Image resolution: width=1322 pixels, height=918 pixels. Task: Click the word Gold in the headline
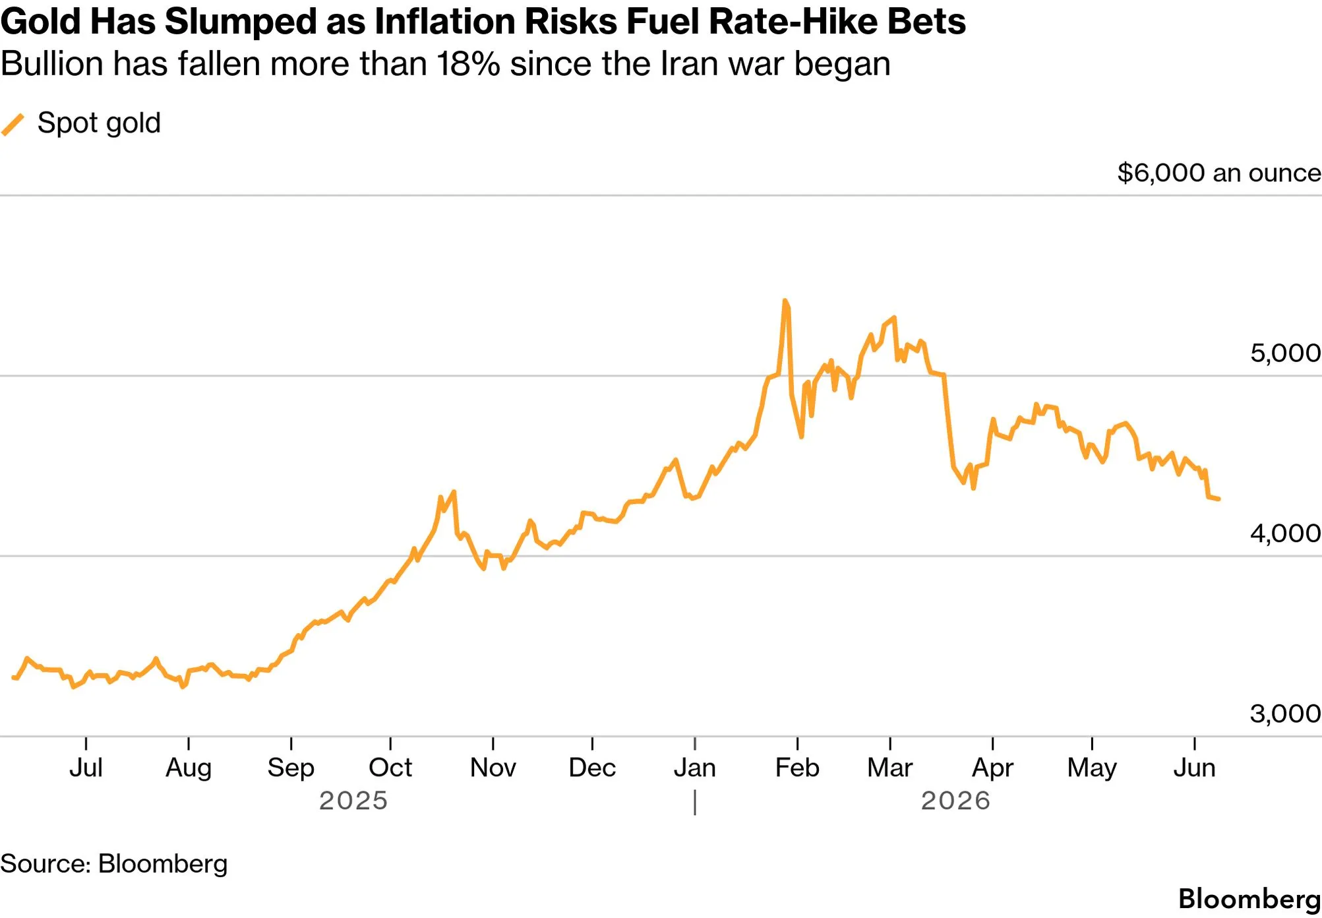pyautogui.click(x=41, y=21)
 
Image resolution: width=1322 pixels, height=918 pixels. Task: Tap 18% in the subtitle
pyautogui.click(x=467, y=64)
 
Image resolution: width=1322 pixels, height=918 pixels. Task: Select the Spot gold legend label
pyautogui.click(x=99, y=123)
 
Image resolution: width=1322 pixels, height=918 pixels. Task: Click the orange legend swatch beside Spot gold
pyautogui.click(x=13, y=124)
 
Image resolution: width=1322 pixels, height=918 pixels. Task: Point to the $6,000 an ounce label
pyautogui.click(x=1219, y=173)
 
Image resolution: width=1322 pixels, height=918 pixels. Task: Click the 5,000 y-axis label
pyautogui.click(x=1286, y=353)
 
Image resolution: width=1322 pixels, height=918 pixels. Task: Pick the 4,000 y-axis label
pyautogui.click(x=1286, y=533)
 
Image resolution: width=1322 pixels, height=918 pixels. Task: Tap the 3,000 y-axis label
pyautogui.click(x=1286, y=713)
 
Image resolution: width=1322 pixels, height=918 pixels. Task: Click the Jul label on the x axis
pyautogui.click(x=86, y=768)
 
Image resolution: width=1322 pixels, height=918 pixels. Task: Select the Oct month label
pyautogui.click(x=390, y=768)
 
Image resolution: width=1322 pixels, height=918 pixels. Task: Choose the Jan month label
pyautogui.click(x=695, y=768)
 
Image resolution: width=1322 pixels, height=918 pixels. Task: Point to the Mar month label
pyautogui.click(x=890, y=768)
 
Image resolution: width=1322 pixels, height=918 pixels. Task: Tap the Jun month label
pyautogui.click(x=1194, y=768)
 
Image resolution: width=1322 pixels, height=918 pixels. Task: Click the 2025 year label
pyautogui.click(x=353, y=801)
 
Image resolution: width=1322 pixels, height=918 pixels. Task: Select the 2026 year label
pyautogui.click(x=955, y=801)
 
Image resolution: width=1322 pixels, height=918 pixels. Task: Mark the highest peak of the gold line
pyautogui.click(x=785, y=301)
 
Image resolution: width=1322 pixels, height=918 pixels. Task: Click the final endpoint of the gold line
pyautogui.click(x=1218, y=499)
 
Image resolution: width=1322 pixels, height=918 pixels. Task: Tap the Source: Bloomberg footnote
pyautogui.click(x=113, y=864)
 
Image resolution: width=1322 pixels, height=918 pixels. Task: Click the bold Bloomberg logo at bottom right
pyautogui.click(x=1249, y=900)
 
